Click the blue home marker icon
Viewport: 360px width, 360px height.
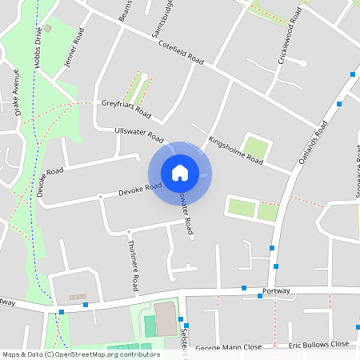(x=180, y=173)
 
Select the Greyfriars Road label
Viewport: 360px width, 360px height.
(x=126, y=106)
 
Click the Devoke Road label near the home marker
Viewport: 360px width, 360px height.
(x=140, y=190)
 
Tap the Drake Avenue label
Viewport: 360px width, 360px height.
(x=17, y=93)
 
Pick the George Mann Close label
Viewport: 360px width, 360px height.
(x=229, y=347)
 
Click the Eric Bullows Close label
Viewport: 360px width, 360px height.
(x=319, y=345)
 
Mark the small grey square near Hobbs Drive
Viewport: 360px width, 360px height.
(x=48, y=29)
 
